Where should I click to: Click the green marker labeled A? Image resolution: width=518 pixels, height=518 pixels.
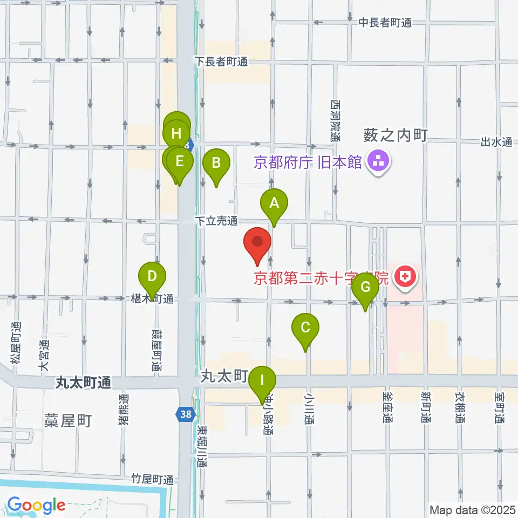[x=274, y=204]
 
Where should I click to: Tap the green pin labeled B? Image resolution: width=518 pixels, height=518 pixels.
[x=216, y=163]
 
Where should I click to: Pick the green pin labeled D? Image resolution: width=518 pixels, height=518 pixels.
[x=152, y=278]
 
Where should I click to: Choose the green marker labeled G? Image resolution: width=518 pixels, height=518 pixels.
[x=365, y=288]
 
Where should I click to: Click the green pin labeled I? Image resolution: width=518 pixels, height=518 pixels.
[x=263, y=381]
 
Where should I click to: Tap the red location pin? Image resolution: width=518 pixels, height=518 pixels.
[x=257, y=243]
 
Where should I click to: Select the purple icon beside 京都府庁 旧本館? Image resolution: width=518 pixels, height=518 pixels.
[x=376, y=161]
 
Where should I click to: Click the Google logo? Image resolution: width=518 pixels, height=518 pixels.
[x=36, y=505]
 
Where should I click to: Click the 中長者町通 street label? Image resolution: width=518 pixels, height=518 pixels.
[x=385, y=23]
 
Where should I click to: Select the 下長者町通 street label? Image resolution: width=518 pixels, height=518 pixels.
[x=221, y=62]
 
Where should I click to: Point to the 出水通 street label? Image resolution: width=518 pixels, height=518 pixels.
[x=496, y=142]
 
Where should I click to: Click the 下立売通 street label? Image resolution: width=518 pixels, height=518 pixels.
[x=216, y=221]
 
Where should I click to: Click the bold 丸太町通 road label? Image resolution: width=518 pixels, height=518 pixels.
[x=84, y=383]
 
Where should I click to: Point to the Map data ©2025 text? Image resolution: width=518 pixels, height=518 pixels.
[x=472, y=509]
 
